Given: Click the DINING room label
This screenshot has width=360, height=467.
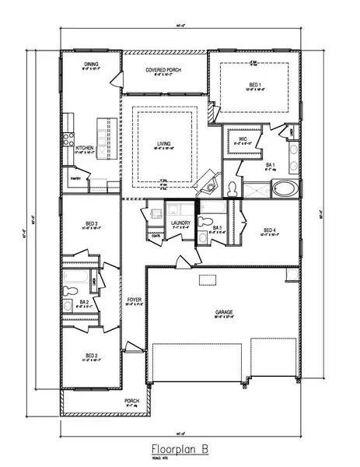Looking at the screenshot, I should [x=92, y=65].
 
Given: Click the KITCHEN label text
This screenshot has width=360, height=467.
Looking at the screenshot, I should [x=84, y=148].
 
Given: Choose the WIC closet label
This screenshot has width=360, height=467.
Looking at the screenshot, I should [x=242, y=140].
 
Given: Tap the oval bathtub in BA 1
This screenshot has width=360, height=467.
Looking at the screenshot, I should [x=284, y=188].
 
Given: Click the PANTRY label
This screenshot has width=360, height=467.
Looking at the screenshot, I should [x=77, y=178].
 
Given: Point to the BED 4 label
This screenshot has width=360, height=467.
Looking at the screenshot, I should [x=270, y=230].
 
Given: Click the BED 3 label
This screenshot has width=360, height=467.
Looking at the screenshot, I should [x=91, y=223].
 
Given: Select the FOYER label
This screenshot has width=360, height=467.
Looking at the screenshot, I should [x=134, y=299].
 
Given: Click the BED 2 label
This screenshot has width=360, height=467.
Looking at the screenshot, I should [x=91, y=356].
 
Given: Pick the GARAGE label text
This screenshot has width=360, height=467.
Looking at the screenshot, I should [x=224, y=313].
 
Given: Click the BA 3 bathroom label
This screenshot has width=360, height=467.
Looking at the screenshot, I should [x=217, y=228].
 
